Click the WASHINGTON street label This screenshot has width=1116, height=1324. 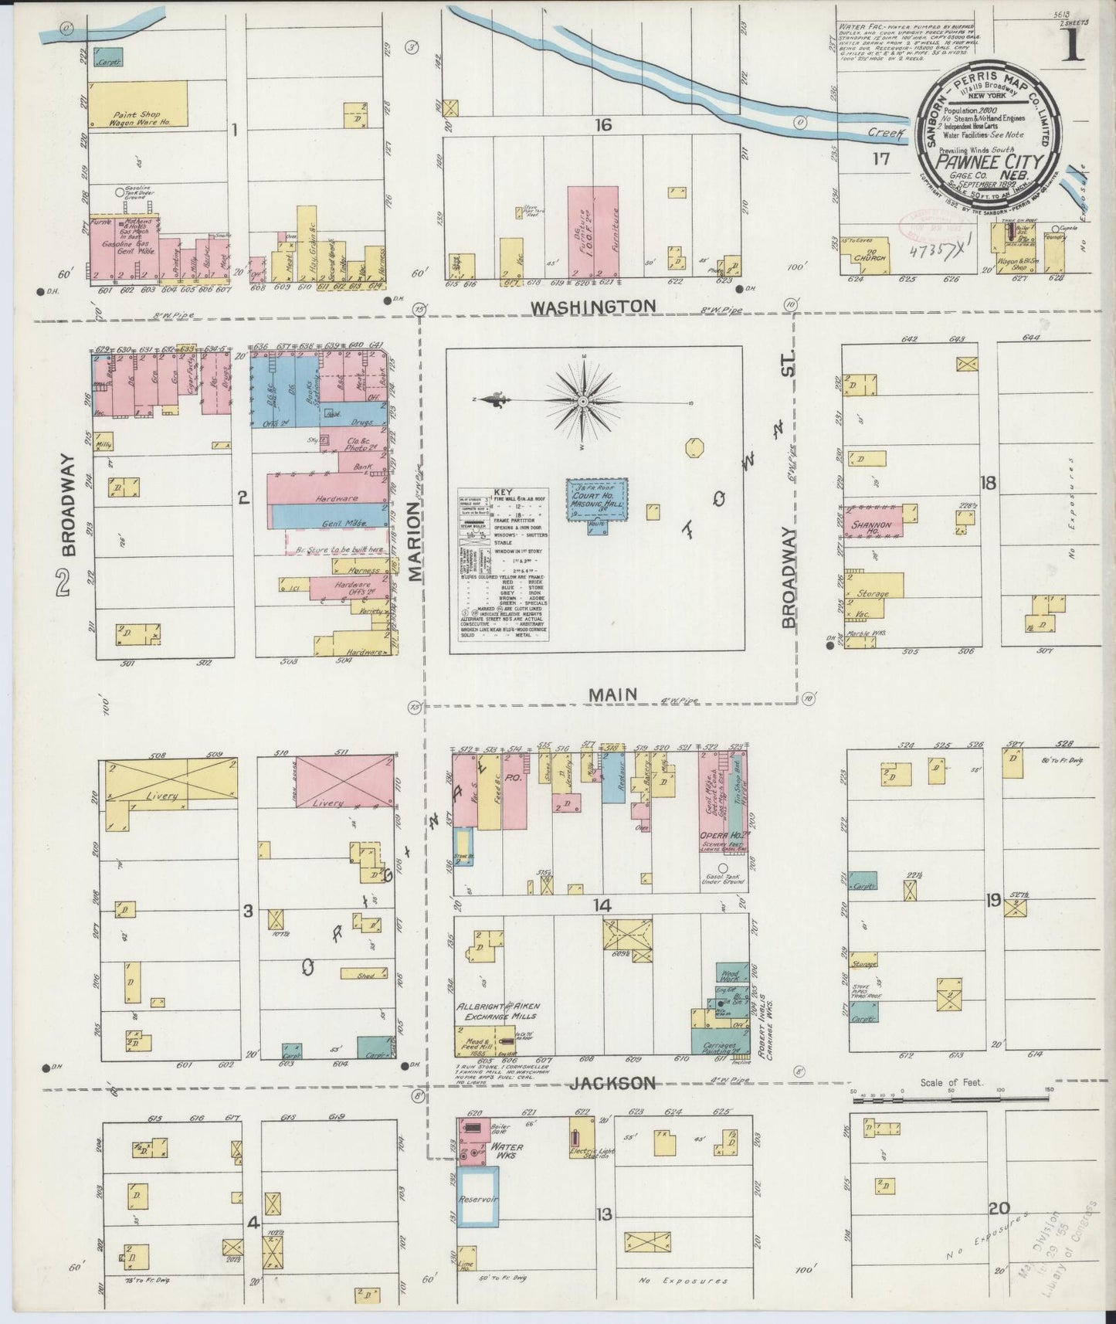click(593, 306)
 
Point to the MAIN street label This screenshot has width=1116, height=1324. click(612, 695)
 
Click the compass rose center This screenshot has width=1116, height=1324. click(584, 402)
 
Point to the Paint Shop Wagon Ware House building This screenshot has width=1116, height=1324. click(137, 104)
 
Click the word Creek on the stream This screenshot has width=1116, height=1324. click(885, 133)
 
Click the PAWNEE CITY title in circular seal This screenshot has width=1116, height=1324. click(989, 162)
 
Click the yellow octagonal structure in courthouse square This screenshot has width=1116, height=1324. click(692, 447)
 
